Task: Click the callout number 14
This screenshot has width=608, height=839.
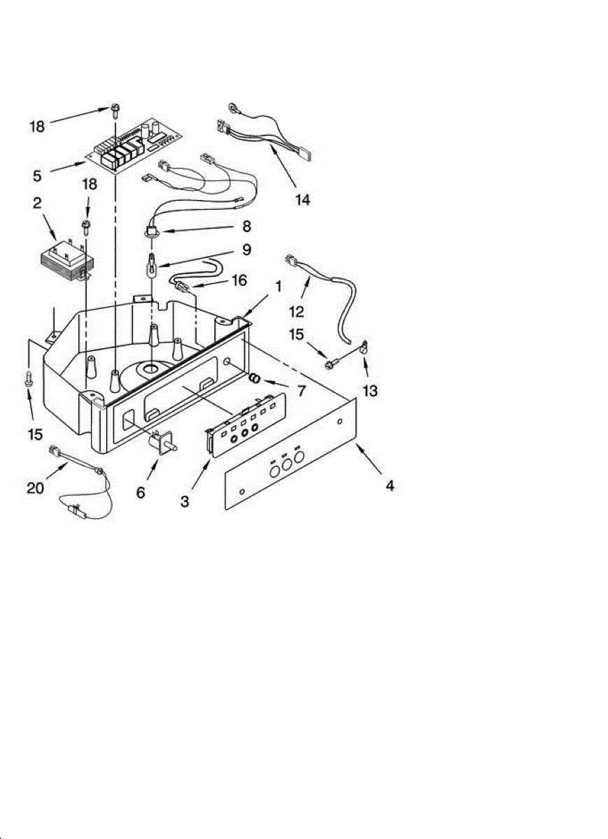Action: pos(302,199)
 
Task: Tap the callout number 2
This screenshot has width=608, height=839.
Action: pos(36,203)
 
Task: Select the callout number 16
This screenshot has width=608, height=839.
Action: pos(239,281)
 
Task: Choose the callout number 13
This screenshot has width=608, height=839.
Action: pos(369,391)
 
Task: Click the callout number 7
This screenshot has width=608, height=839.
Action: pos(301,391)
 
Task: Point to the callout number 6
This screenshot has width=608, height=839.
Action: pos(141,493)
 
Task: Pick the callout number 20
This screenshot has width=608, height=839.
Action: pos(36,488)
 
